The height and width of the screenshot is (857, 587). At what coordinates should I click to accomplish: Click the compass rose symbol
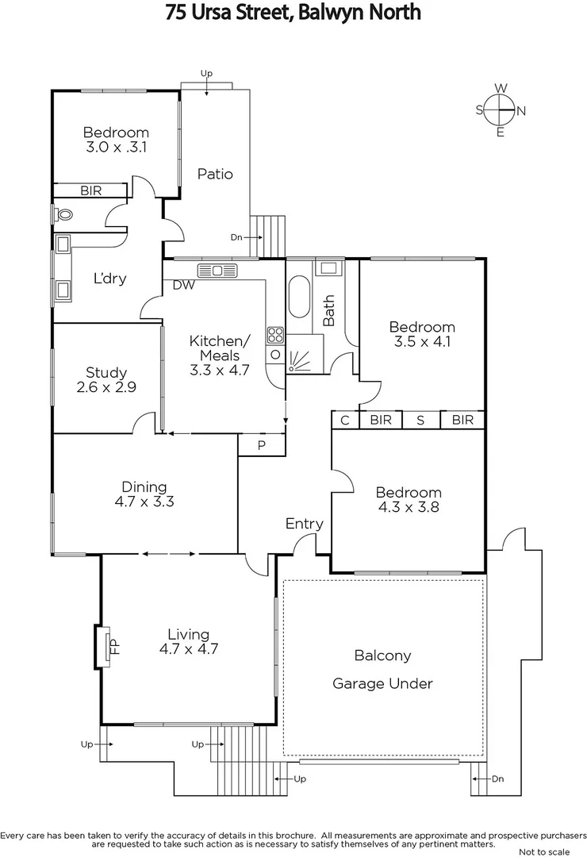tap(501, 110)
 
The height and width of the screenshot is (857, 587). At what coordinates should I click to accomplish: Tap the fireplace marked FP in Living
tap(106, 645)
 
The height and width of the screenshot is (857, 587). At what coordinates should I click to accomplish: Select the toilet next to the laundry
tap(63, 214)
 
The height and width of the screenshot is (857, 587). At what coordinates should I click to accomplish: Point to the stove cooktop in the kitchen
tap(275, 335)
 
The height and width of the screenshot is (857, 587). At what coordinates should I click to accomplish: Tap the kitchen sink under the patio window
tap(217, 271)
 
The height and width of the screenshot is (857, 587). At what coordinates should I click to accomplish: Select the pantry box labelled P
tap(262, 446)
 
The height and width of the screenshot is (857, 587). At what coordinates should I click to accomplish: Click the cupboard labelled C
tap(345, 420)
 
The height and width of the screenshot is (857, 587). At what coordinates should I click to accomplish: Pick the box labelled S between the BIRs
tap(420, 420)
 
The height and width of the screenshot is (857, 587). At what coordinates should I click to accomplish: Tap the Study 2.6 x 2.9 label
tap(106, 379)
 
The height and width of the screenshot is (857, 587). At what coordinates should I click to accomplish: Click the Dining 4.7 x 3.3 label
tap(144, 494)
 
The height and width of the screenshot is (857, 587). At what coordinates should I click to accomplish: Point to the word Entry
tap(305, 524)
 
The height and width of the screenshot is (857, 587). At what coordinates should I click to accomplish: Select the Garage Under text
tap(382, 683)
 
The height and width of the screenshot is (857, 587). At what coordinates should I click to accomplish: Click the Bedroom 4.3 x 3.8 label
tap(408, 500)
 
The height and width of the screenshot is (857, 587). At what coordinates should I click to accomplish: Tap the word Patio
tap(215, 174)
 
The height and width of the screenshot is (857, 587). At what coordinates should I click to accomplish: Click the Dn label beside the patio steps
tap(237, 237)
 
